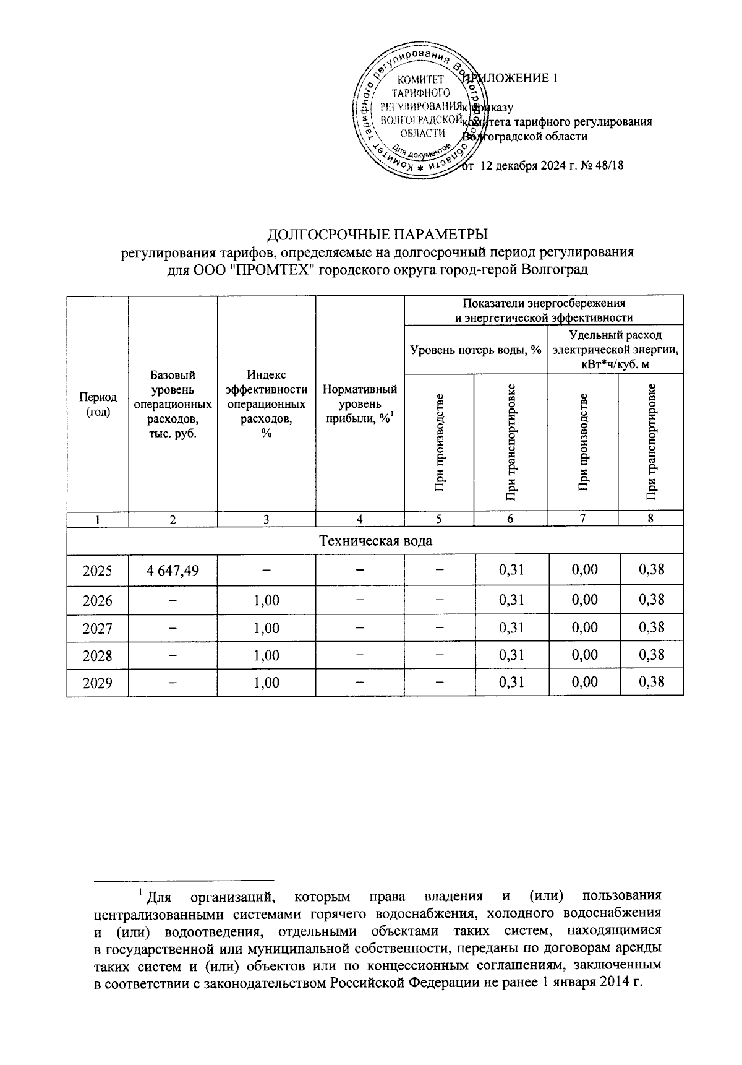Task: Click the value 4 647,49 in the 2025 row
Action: [x=173, y=569]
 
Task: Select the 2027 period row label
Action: [x=98, y=628]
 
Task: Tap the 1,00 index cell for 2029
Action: [x=267, y=683]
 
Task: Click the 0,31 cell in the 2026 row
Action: [x=511, y=600]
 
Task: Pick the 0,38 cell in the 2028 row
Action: [x=651, y=655]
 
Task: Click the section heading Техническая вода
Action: [x=375, y=540]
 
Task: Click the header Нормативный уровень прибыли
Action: [x=360, y=404]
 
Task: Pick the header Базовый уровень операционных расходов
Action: [x=173, y=404]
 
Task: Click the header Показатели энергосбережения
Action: [x=544, y=303]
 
